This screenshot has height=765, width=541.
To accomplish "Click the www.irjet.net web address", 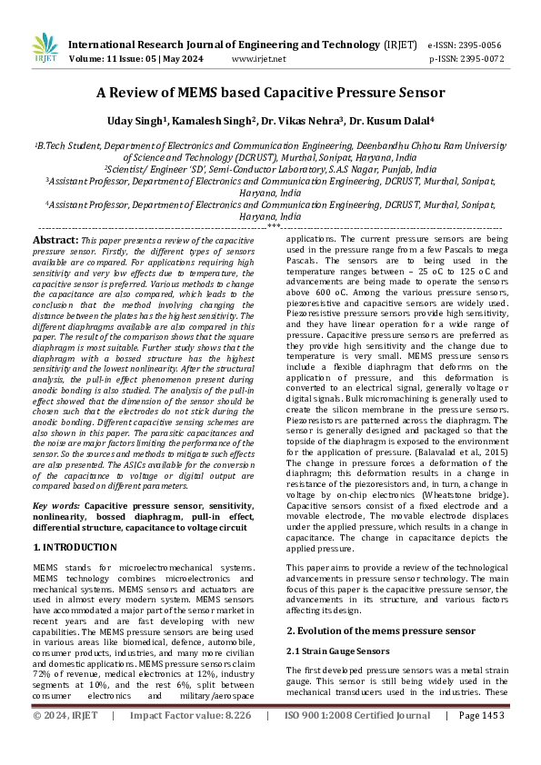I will [x=259, y=59].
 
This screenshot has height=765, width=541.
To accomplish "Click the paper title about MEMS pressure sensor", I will [x=270, y=93].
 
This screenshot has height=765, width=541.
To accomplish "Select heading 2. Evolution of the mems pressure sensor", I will [x=380, y=630].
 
